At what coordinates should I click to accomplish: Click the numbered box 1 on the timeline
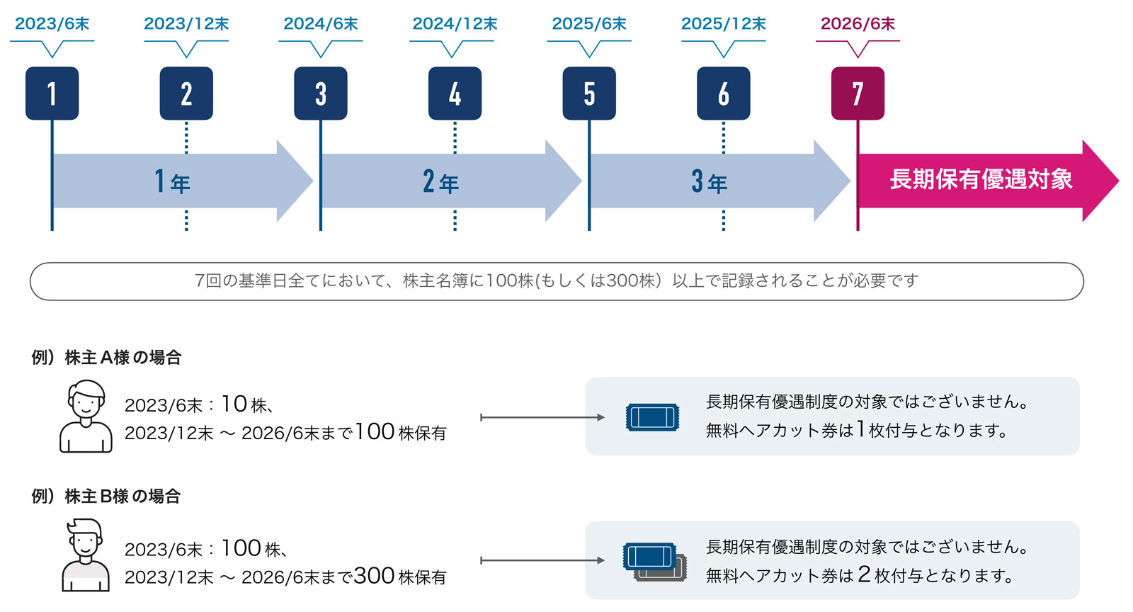click(x=52, y=93)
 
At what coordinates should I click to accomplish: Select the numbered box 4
click(x=455, y=93)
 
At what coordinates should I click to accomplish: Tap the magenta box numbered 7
click(x=858, y=93)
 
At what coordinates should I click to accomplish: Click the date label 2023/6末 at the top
click(x=52, y=24)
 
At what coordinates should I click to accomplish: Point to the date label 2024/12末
click(x=455, y=24)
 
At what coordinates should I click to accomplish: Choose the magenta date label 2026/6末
click(x=858, y=24)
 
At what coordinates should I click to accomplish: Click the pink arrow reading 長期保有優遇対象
click(x=981, y=180)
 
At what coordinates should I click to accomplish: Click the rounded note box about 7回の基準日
click(x=557, y=281)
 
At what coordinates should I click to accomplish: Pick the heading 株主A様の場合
click(x=106, y=358)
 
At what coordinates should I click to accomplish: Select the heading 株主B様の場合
click(x=106, y=497)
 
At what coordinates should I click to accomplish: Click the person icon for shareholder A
click(x=86, y=416)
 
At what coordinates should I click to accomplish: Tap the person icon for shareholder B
click(x=86, y=555)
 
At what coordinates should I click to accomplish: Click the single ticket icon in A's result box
click(x=652, y=417)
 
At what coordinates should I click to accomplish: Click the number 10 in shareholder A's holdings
click(x=234, y=404)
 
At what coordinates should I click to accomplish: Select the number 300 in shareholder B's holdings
click(x=374, y=576)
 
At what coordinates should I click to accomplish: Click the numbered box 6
click(x=723, y=93)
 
